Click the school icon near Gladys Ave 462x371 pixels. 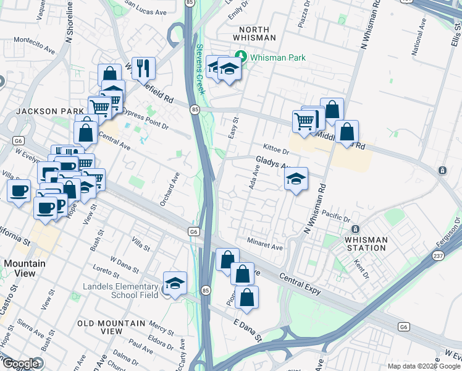[x=296, y=179]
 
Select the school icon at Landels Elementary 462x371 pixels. [x=175, y=283]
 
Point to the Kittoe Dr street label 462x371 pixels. [x=275, y=150]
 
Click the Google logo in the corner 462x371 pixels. [x=20, y=364]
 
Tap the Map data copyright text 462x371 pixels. [x=424, y=366]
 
